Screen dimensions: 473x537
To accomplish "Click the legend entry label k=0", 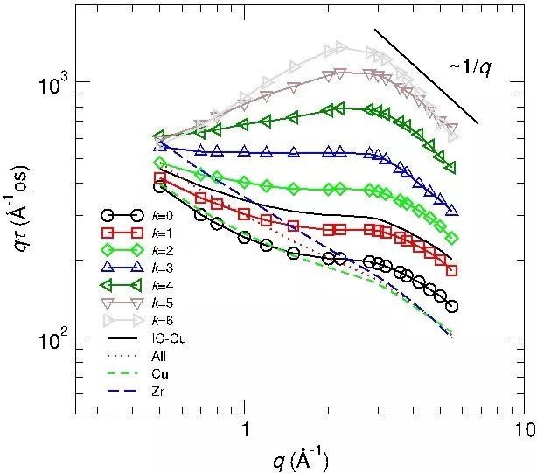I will pyautogui.click(x=162, y=214).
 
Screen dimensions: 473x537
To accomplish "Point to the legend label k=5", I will pyautogui.click(x=162, y=303).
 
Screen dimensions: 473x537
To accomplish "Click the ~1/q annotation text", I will pyautogui.click(x=471, y=67).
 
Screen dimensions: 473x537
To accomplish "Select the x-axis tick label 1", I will pyautogui.click(x=246, y=429).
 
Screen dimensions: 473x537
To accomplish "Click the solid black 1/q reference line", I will pyautogui.click(x=426, y=76).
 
